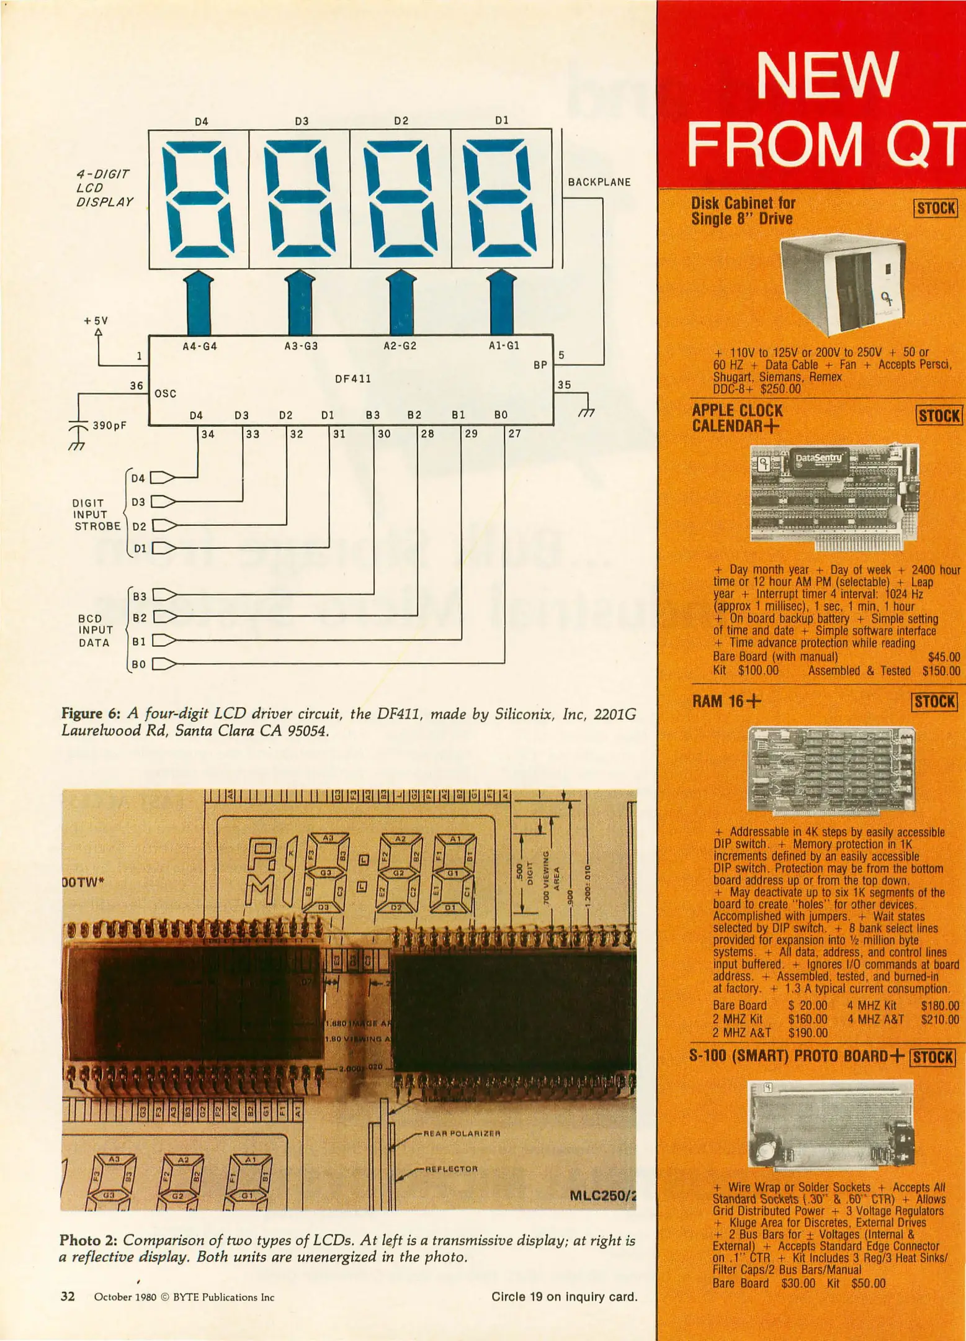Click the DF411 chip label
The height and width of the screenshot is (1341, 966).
click(x=352, y=379)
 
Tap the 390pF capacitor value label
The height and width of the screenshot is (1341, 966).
click(x=110, y=426)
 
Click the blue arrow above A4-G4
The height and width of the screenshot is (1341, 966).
click(x=199, y=304)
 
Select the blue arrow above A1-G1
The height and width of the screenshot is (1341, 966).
click(x=502, y=304)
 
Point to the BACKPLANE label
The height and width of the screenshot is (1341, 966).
click(x=599, y=183)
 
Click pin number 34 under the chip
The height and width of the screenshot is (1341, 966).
click(x=208, y=435)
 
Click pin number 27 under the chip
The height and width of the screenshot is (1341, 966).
click(x=514, y=434)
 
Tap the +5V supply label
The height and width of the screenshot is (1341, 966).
click(x=96, y=321)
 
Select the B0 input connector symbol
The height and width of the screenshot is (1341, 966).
click(x=163, y=664)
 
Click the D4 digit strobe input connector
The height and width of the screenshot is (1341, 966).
click(x=163, y=477)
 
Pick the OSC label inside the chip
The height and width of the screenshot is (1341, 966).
click(x=165, y=394)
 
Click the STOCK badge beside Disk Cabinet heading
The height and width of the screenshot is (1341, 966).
click(x=936, y=208)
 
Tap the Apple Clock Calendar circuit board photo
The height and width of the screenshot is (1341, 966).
click(x=834, y=496)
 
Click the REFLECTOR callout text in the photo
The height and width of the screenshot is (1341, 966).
click(x=451, y=1169)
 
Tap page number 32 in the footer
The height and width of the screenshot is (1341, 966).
click(x=68, y=1297)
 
